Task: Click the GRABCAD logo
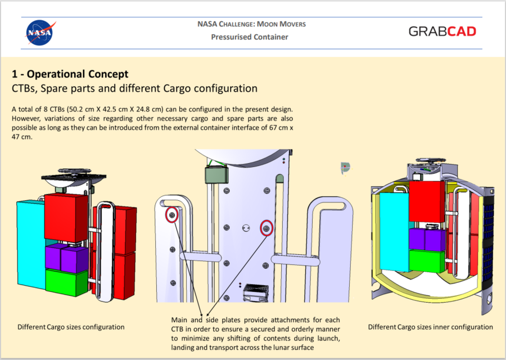[x=442, y=31]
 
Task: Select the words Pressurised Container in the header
[x=250, y=37]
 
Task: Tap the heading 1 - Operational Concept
[x=70, y=74]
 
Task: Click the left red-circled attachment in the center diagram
[x=171, y=215]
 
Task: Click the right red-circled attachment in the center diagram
[x=266, y=228]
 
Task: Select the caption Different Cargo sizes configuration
[x=71, y=327]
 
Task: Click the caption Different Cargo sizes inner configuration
[x=430, y=327]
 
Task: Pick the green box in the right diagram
[x=427, y=261]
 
